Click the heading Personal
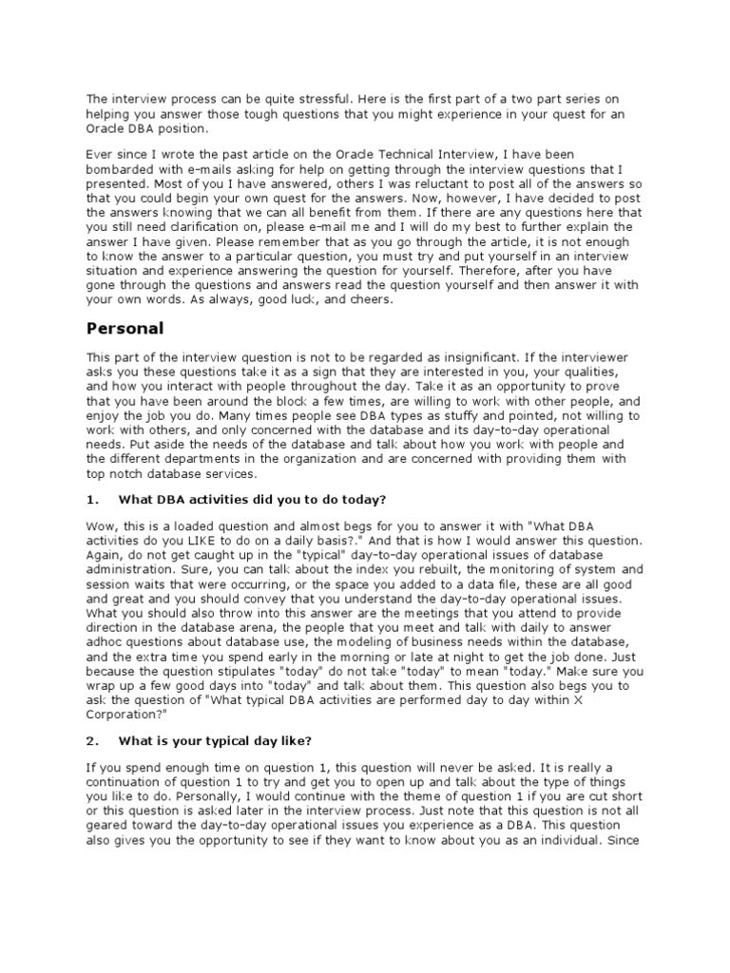125,330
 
